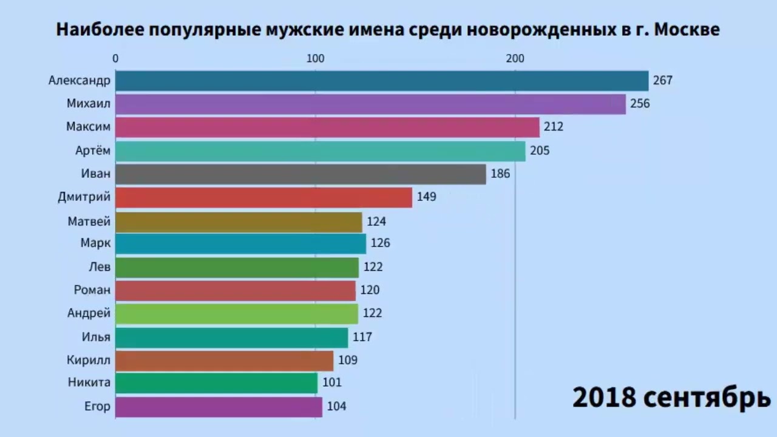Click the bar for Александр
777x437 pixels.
tap(382, 81)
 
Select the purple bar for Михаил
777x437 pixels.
tap(370, 104)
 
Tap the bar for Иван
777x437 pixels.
tap(300, 174)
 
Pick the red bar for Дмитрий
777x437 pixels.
tap(263, 197)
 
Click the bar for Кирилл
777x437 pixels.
tap(224, 361)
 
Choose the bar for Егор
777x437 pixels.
tap(219, 407)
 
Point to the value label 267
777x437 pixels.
tap(663, 81)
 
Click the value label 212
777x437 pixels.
tap(554, 127)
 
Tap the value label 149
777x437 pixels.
tap(426, 197)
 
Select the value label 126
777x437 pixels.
tap(380, 243)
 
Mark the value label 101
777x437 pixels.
tap(332, 383)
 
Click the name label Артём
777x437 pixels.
tap(93, 151)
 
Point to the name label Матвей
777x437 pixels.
tap(89, 221)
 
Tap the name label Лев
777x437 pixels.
tap(100, 266)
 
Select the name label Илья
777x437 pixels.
tap(96, 336)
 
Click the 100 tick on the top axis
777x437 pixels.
tap(315, 59)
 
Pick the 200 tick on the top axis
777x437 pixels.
tap(515, 59)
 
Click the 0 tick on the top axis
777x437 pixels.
tap(115, 59)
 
